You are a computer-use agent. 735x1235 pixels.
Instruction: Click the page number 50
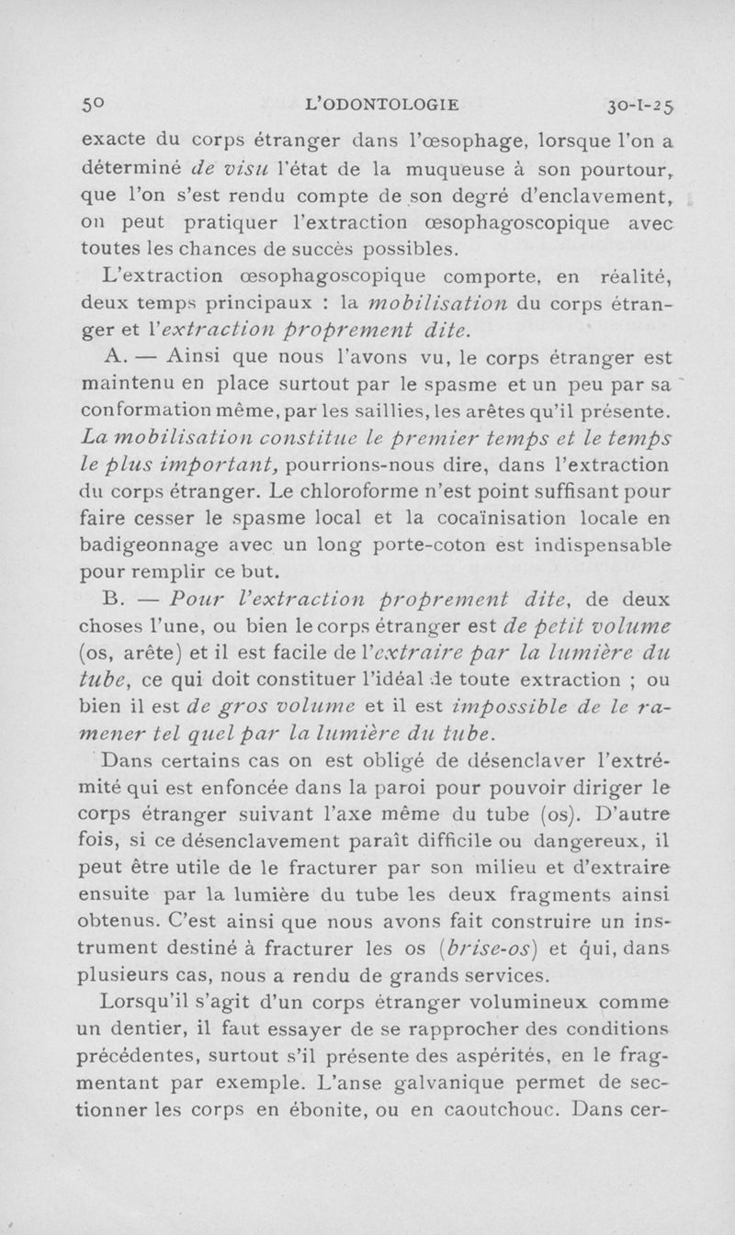[x=93, y=104]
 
